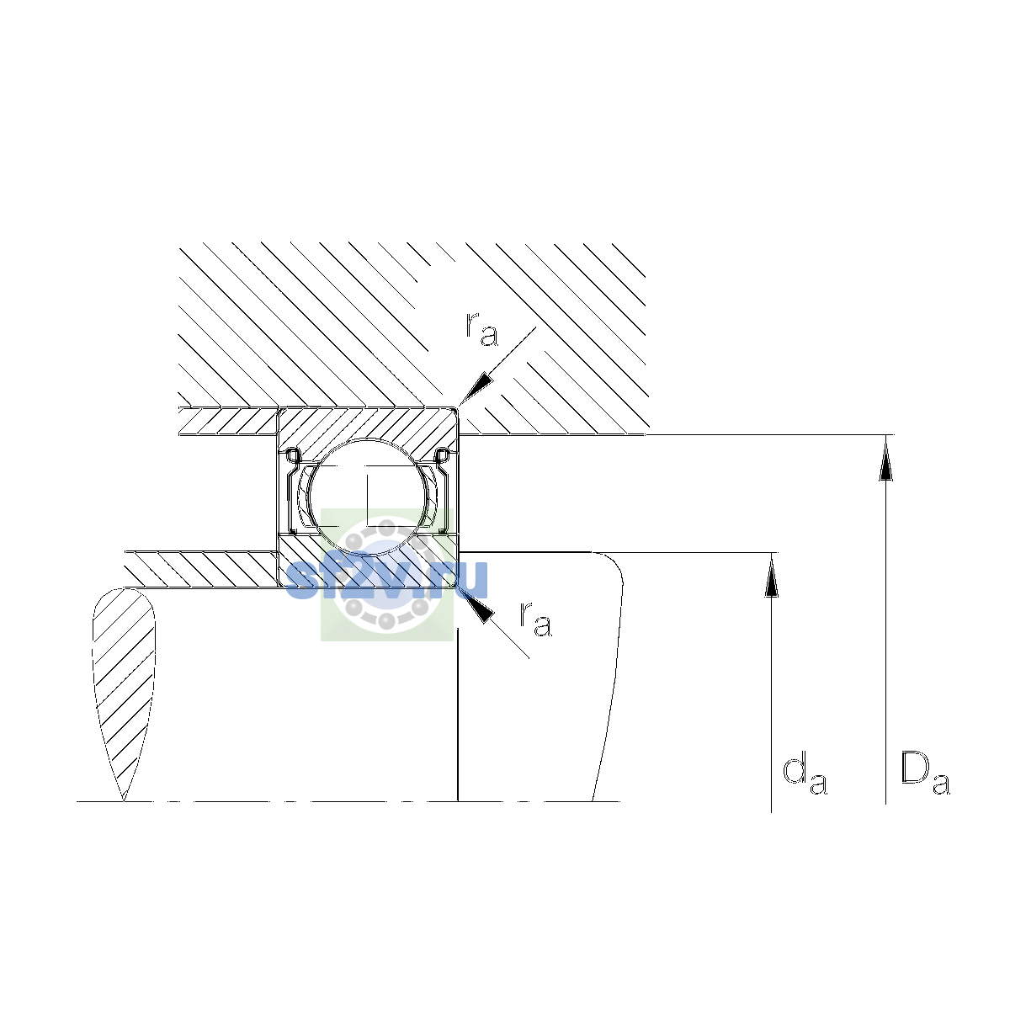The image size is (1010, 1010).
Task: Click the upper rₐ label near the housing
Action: coord(481,329)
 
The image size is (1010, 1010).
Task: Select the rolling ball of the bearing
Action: coord(369,496)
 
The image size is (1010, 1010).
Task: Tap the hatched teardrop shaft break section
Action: coord(124,692)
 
